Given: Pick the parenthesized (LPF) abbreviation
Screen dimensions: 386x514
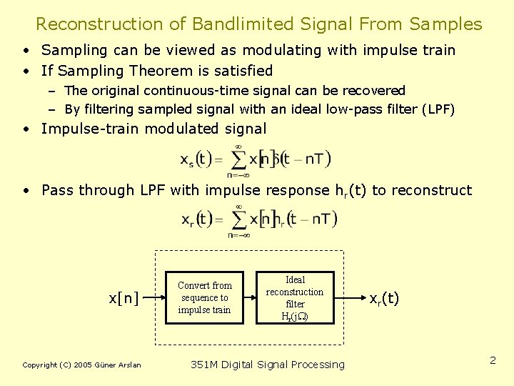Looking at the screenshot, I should [x=438, y=109].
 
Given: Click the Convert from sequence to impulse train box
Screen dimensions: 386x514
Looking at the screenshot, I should [x=204, y=297].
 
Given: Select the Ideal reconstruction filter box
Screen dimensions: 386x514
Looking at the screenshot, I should [x=295, y=297].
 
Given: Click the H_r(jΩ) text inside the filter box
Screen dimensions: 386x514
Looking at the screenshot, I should [x=295, y=317].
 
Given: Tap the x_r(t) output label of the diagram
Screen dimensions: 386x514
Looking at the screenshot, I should [x=384, y=298].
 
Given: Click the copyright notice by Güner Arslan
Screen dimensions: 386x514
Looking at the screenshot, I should [x=82, y=365].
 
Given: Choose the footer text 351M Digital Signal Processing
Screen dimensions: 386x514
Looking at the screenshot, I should [x=268, y=365].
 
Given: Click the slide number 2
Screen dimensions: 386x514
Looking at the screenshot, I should [x=493, y=360].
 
